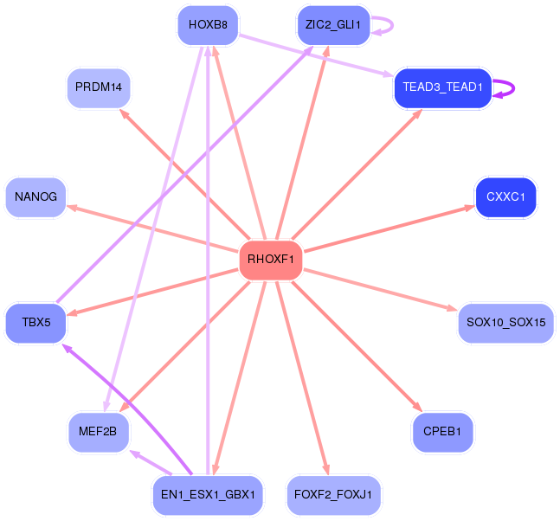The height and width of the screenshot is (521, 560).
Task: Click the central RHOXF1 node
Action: (270, 259)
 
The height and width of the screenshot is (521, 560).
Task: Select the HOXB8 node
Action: (207, 25)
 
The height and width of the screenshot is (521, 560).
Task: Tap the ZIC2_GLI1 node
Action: (333, 25)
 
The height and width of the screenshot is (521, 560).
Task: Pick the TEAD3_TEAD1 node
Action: (442, 87)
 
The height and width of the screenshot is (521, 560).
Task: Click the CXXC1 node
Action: (505, 196)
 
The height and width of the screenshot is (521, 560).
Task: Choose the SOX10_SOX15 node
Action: (505, 323)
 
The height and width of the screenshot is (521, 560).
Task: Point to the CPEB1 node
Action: (442, 430)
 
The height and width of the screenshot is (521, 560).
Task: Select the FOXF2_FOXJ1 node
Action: (333, 495)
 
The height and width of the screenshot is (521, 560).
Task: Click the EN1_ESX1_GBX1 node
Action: (207, 495)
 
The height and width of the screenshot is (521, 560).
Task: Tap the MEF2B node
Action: (99, 430)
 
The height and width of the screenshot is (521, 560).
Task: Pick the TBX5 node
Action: (35, 323)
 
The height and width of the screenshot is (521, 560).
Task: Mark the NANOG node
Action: (35, 196)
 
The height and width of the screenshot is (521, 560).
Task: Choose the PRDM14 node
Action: (99, 87)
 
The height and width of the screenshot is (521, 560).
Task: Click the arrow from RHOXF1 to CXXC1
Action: (389, 228)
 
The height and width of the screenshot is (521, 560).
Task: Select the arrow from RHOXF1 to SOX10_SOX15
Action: (381, 289)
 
